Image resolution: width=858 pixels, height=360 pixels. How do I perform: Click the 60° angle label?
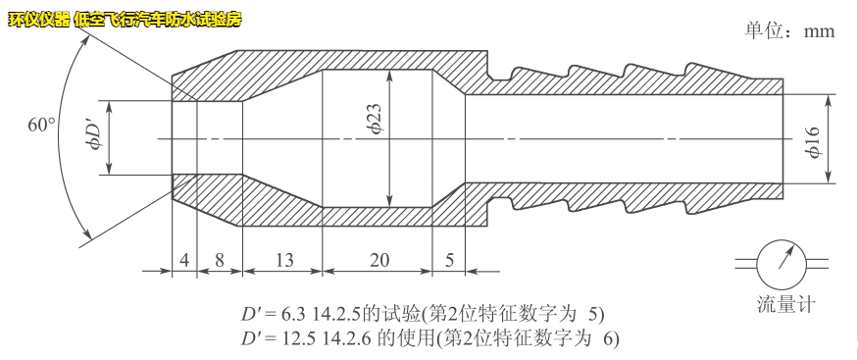(40, 125)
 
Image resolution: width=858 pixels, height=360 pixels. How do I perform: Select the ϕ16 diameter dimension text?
(813, 140)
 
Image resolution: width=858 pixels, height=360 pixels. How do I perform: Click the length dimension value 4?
(184, 260)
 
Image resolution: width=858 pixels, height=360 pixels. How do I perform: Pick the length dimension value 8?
(220, 260)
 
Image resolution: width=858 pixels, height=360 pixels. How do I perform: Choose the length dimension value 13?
(282, 260)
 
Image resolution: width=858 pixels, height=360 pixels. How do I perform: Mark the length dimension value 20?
(379, 260)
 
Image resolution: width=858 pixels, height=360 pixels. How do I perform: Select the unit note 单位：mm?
(789, 30)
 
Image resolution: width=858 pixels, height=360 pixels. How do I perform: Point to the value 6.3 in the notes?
(294, 315)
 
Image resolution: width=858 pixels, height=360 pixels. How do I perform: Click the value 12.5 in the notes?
(298, 338)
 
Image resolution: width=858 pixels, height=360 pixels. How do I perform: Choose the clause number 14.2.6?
(346, 338)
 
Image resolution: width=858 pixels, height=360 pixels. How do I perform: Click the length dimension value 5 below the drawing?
(449, 260)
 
